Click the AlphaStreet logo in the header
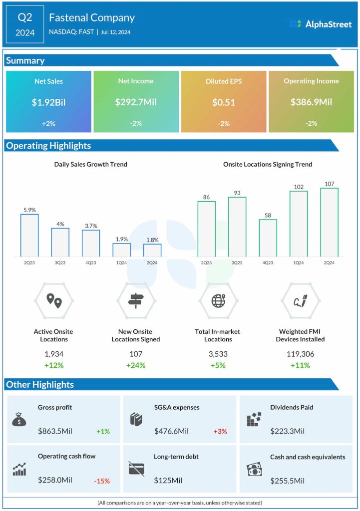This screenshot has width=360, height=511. (320, 24)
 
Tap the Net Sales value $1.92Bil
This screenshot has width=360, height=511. (48, 103)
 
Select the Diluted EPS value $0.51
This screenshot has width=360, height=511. (224, 103)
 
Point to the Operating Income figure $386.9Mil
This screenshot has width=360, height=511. (311, 103)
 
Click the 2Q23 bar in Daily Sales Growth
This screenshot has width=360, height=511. (29, 235)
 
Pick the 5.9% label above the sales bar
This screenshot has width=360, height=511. (29, 210)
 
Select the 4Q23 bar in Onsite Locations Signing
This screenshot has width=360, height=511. (268, 238)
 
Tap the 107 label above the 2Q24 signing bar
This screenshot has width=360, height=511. (329, 184)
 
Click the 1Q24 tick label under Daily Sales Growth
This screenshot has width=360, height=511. (121, 262)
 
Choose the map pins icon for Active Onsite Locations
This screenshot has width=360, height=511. (54, 300)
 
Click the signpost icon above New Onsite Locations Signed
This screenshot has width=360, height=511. (136, 300)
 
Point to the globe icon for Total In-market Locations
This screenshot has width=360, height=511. (218, 300)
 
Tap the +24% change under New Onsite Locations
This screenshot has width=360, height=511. (136, 365)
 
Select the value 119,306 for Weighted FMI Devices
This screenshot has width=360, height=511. (300, 354)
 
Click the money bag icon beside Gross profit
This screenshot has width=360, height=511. (19, 420)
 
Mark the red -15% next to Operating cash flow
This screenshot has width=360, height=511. (102, 481)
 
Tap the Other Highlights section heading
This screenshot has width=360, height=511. (40, 385)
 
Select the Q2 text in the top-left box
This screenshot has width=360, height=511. (25, 18)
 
